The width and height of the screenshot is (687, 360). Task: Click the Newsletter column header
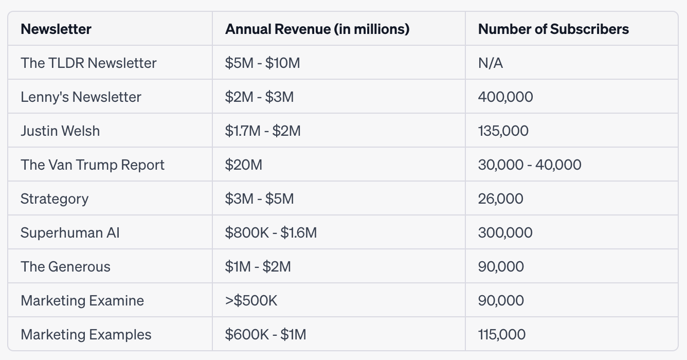tap(56, 29)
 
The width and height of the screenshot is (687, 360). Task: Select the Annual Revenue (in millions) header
tap(317, 29)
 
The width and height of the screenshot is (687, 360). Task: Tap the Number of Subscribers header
tap(553, 29)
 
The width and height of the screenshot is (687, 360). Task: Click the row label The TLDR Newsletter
tap(88, 63)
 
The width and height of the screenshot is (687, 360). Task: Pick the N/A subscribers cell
tap(491, 63)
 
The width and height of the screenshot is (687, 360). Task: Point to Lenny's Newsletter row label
tap(81, 97)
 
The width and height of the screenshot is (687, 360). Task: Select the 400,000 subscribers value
tap(505, 97)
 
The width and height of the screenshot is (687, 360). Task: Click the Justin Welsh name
tap(60, 131)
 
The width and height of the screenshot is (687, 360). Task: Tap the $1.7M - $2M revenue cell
tap(263, 131)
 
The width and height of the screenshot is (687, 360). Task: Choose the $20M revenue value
tap(244, 165)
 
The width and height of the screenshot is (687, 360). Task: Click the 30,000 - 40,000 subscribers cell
tap(530, 165)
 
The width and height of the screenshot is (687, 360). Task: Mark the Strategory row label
tap(55, 199)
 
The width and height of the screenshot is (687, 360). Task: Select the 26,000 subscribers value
tap(501, 199)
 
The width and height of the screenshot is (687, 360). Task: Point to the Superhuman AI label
tap(70, 232)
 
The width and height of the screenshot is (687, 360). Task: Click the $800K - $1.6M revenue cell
tap(271, 232)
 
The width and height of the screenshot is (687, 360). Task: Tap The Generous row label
tap(65, 266)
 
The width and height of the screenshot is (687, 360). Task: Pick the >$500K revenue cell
tap(251, 300)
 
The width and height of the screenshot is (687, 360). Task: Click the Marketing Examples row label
tap(86, 334)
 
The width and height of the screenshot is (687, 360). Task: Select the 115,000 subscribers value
tap(502, 334)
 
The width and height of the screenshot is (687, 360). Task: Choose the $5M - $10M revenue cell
tap(263, 63)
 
